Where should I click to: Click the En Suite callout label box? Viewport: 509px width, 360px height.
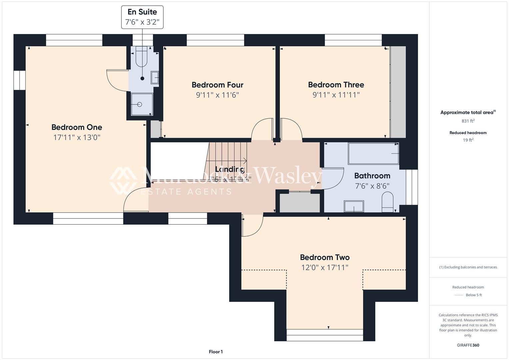(142, 17)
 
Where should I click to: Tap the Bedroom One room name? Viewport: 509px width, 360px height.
(77, 127)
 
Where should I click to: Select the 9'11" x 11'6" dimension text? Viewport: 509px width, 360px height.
(217, 95)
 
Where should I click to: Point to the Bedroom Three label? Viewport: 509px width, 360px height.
(336, 85)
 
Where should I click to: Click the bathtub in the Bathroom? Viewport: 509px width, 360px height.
(373, 154)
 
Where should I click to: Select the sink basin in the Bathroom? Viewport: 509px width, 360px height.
(354, 207)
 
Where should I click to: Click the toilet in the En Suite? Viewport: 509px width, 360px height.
(142, 55)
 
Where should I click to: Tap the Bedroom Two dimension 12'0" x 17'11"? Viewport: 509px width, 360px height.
(325, 267)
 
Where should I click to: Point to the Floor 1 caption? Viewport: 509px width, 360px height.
(216, 352)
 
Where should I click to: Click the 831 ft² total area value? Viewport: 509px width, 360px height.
(468, 121)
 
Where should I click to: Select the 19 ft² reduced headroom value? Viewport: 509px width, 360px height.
(468, 140)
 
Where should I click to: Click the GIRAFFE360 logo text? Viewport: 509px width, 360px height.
(468, 345)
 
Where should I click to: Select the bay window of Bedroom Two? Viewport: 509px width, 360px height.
(325, 335)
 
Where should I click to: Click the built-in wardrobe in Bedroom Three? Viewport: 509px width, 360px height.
(398, 92)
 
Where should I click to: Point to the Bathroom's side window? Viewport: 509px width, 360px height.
(412, 187)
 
